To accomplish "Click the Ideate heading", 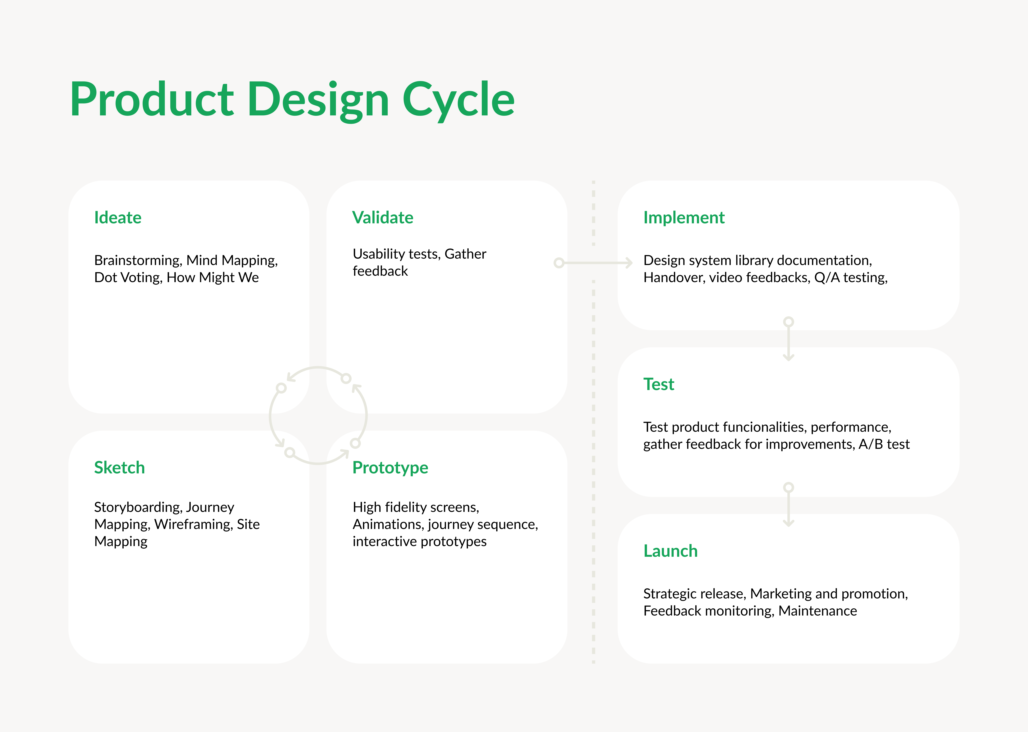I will point(118,218).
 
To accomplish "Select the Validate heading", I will point(383,218).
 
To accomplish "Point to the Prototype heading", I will point(390,468).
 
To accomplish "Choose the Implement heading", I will point(684,218).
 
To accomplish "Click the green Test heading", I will point(658,385).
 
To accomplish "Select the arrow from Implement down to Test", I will point(788,341).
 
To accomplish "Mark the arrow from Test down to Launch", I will point(788,507).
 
